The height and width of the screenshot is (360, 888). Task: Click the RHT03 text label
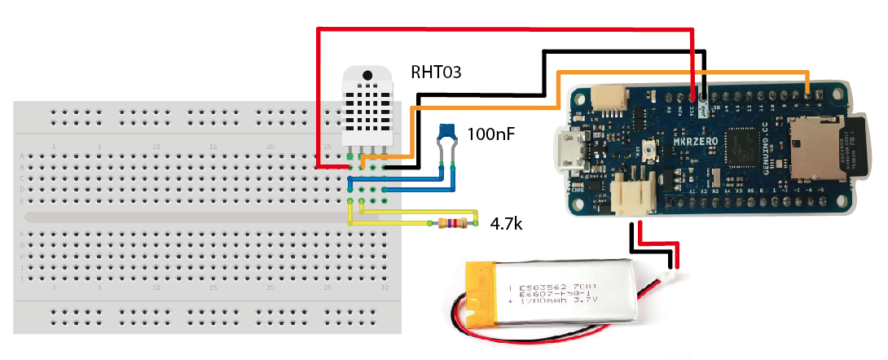click(436, 72)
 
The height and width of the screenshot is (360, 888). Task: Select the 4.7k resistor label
click(505, 222)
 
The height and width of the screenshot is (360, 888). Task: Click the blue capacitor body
click(446, 130)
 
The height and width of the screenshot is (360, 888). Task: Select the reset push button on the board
click(651, 150)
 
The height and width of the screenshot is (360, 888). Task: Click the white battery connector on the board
click(633, 195)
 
